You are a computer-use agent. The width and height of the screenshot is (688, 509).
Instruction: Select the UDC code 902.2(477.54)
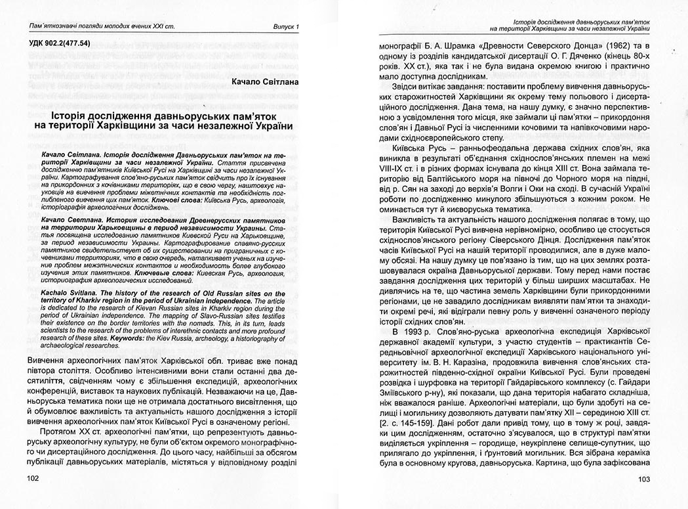[58, 43]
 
